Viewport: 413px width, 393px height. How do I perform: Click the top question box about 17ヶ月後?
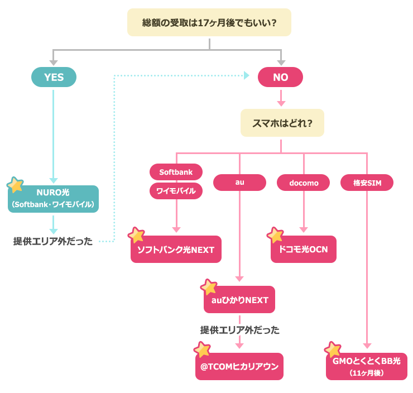click(209, 23)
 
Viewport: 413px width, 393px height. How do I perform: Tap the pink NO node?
click(280, 78)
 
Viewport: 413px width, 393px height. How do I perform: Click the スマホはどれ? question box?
click(282, 123)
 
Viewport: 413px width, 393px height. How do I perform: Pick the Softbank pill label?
click(176, 172)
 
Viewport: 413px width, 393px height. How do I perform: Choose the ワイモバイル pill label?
click(176, 191)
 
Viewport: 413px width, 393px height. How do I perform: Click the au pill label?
click(240, 183)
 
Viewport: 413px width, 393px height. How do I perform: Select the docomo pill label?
click(304, 183)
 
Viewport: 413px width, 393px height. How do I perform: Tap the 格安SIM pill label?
click(367, 183)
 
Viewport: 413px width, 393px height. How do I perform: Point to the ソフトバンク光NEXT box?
click(176, 250)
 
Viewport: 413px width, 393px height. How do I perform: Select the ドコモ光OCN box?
click(304, 250)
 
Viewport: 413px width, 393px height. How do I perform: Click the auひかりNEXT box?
click(240, 300)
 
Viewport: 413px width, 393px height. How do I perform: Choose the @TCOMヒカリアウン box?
click(240, 367)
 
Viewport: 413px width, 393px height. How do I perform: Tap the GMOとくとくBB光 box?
click(367, 366)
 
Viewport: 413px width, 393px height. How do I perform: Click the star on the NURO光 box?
click(16, 185)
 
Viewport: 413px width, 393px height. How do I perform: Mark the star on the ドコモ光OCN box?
click(275, 235)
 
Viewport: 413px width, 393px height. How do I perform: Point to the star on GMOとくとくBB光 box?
click(333, 349)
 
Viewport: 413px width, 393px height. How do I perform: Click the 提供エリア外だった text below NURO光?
click(53, 242)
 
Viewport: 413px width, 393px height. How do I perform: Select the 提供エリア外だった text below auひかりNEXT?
click(240, 330)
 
